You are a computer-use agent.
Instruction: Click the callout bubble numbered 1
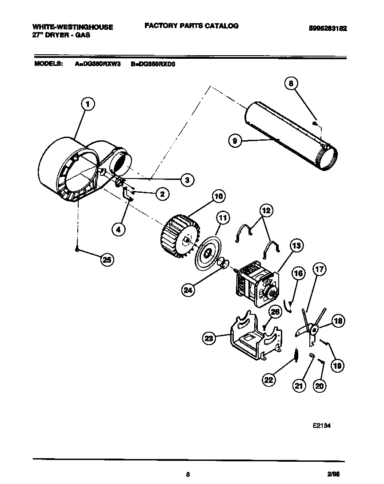[x=88, y=105]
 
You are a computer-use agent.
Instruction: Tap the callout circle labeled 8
[x=291, y=83]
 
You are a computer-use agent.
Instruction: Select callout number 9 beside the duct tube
[x=235, y=141]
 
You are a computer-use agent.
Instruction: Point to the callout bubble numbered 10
[x=218, y=196]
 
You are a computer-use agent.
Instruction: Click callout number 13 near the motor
[x=296, y=245]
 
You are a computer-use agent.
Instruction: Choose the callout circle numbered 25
[x=107, y=260]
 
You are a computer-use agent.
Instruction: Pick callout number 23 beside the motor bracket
[x=209, y=339]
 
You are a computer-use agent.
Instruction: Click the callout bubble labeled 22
[x=269, y=380]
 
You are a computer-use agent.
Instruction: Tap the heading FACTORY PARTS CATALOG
[x=191, y=26]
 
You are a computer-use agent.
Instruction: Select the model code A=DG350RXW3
[x=98, y=64]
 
